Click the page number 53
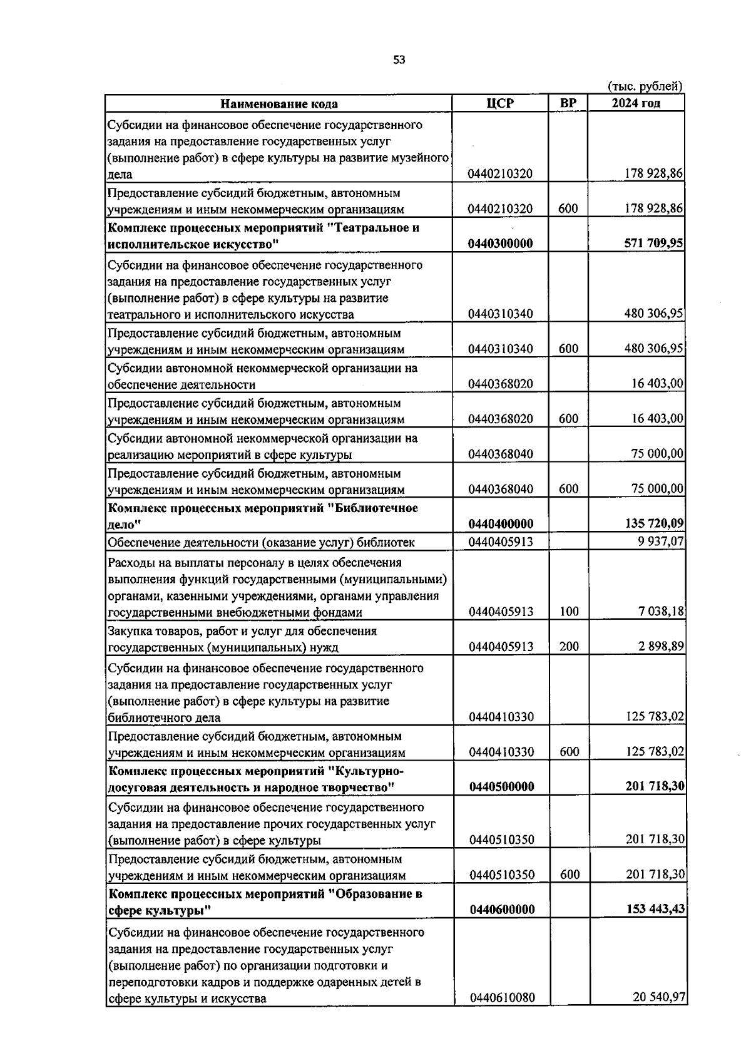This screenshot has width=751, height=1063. click(x=399, y=59)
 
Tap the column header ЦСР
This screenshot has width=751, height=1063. click(x=500, y=103)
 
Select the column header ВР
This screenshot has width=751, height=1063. click(x=568, y=103)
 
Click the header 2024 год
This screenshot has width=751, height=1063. click(x=636, y=103)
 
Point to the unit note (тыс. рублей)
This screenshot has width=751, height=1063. click(x=645, y=86)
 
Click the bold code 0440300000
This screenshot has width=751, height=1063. click(x=501, y=244)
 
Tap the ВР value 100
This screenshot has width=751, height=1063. click(x=569, y=612)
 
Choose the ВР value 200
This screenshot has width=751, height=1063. click(x=569, y=647)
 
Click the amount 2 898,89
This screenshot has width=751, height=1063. click(x=661, y=647)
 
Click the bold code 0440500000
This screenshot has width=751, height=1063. click(x=502, y=787)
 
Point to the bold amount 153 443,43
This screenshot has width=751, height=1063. click(x=655, y=910)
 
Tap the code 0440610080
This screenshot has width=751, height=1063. click(x=503, y=998)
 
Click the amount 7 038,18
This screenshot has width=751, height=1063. click(x=661, y=612)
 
